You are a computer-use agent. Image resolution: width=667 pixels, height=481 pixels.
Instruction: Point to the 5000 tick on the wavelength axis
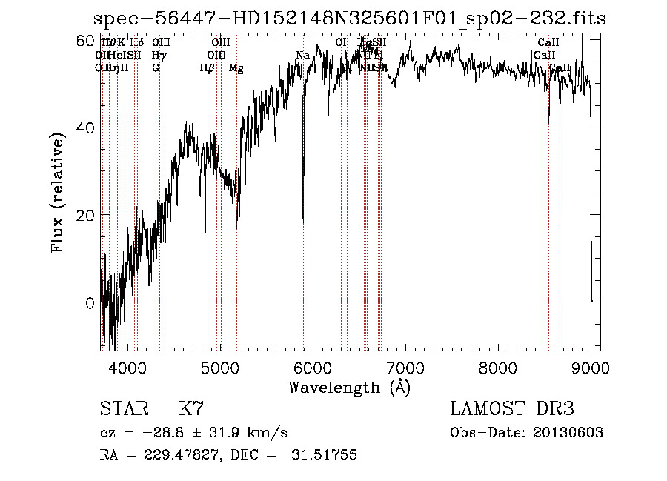tap(219, 366)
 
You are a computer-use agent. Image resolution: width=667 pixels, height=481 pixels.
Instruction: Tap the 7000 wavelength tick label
tap(405, 366)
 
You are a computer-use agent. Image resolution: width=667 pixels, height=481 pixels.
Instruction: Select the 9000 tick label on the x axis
tap(590, 366)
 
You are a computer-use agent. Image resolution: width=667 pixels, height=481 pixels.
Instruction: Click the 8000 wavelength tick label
tap(497, 366)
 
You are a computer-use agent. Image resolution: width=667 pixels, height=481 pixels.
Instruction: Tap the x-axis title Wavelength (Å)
tap(349, 387)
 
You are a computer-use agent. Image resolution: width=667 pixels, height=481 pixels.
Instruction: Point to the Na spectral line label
tap(302, 56)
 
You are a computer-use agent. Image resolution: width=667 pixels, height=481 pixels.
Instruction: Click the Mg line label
tap(236, 68)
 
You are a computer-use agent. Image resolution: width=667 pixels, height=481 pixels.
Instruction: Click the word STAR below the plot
tap(123, 409)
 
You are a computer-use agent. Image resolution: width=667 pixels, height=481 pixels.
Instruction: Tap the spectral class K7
tap(191, 409)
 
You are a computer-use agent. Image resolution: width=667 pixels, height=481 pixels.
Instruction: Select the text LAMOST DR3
tap(511, 409)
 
